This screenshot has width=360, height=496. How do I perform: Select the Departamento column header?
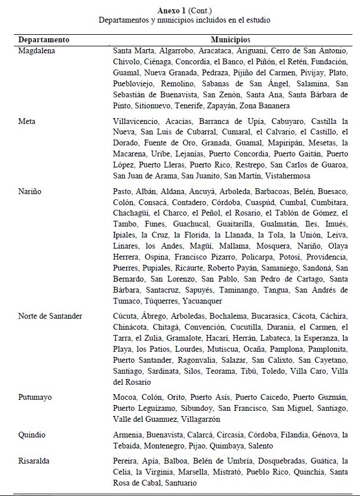click(44, 40)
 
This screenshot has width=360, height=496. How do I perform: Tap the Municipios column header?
click(230, 40)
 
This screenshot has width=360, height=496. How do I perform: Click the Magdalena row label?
click(36, 51)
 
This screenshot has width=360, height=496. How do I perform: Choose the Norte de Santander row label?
click(50, 316)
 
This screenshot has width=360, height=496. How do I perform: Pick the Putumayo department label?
click(35, 397)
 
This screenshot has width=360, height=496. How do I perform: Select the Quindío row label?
click(32, 435)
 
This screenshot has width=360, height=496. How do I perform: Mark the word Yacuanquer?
click(202, 301)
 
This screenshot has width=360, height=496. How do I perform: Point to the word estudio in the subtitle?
click(257, 20)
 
